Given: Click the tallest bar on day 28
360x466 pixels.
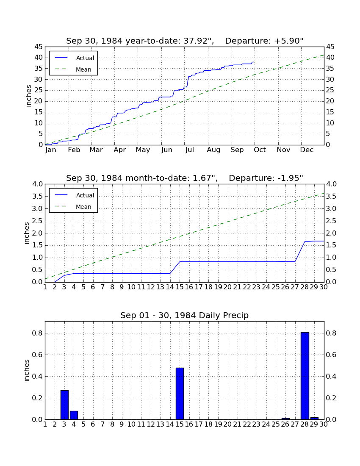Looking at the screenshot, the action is coord(305,376).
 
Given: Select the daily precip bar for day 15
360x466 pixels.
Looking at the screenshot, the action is coord(180,394).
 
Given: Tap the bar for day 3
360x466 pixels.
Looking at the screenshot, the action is coord(64,405).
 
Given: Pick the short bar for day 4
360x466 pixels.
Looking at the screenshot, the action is coord(74,415).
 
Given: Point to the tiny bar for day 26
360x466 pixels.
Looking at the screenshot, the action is coord(285,419).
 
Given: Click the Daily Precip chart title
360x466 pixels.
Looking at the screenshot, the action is coord(185,315).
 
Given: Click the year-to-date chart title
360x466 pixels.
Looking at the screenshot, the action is coord(185,41).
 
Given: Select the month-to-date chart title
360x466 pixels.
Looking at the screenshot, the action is coord(185,178).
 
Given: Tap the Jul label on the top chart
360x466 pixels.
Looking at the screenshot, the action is coord(189,150).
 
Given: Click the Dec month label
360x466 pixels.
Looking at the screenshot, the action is coord(307,150).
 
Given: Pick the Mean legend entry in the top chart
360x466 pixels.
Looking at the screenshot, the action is coord(73,69).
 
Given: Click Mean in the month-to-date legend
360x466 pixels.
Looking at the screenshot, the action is coord(73,207).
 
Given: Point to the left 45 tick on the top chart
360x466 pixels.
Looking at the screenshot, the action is coord(39,47).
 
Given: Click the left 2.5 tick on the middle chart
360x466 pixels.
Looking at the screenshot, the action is coord(37,221).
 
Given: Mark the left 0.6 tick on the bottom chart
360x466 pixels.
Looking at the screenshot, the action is coord(37,355).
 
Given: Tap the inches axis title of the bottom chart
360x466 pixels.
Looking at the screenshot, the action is coord(27,370).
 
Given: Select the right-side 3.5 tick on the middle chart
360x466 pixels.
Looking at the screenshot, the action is coord(331,197).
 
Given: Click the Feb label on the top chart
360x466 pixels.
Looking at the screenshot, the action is coord(74,150).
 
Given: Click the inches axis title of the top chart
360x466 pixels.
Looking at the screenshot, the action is coord(28,96).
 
